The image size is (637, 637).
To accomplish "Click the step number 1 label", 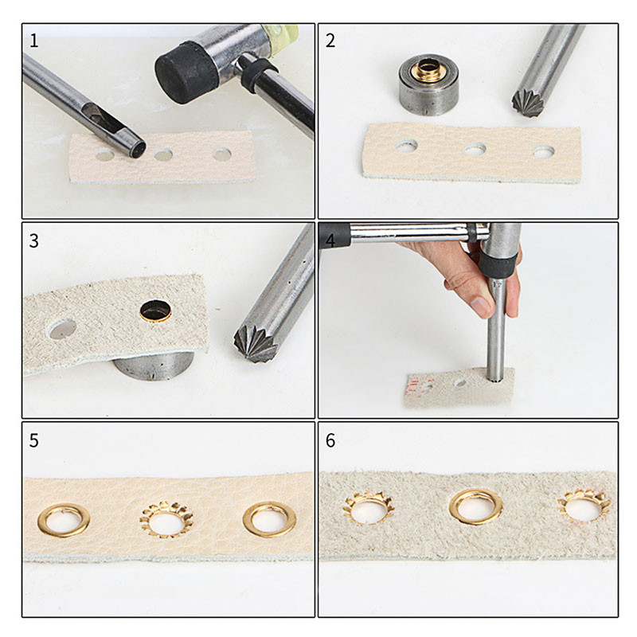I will pos(33,41).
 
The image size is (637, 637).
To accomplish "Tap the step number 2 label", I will pos(330,41).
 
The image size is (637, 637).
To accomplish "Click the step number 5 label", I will pos(33,440).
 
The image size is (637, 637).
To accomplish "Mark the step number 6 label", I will pos(330,440).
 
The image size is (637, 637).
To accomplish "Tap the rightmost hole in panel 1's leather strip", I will pos(221,154).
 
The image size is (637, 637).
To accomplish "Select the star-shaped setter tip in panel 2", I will pos(526,103).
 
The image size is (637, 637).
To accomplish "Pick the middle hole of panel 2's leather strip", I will pos(475,149).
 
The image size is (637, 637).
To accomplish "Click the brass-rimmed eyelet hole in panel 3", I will pos(156,311).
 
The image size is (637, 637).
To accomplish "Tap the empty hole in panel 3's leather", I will pos(62,327).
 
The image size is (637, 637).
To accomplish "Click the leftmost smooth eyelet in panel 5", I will pos(63,521).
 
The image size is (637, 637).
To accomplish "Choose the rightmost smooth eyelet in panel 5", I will pos(269,519).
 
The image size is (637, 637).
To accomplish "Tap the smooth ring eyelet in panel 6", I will pos(475,506).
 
